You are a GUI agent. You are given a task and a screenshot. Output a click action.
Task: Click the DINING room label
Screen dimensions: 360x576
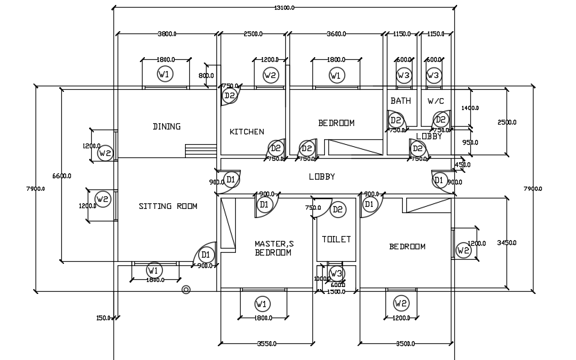point(166,127)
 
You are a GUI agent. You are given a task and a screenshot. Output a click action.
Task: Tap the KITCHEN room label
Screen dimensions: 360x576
point(247,132)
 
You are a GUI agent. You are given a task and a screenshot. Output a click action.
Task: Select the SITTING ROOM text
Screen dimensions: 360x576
point(168,206)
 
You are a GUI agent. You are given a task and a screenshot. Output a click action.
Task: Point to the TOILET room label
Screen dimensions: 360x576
point(336,240)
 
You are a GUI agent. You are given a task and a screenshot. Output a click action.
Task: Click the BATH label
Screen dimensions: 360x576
point(401,101)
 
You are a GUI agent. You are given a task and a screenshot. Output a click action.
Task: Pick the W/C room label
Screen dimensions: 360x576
point(435,101)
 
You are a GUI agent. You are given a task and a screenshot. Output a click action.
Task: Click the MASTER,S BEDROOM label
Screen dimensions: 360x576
point(273,249)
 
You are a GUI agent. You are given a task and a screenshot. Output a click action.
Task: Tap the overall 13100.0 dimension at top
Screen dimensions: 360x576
point(285,8)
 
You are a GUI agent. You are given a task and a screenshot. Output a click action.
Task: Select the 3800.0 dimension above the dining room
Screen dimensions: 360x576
point(168,33)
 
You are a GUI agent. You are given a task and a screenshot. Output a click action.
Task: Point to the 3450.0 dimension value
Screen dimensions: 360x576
point(506,244)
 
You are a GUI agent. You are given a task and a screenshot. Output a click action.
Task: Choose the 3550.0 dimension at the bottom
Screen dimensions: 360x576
point(267,343)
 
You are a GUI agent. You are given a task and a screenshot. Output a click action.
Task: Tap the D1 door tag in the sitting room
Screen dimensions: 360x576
point(206,256)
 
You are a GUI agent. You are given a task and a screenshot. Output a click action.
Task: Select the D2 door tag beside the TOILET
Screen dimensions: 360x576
point(338,209)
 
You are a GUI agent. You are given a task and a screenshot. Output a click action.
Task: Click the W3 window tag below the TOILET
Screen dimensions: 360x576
point(336,273)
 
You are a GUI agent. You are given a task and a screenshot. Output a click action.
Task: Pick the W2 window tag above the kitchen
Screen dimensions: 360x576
point(270,75)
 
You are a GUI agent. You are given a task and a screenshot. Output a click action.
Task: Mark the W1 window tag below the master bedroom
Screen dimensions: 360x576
point(262,304)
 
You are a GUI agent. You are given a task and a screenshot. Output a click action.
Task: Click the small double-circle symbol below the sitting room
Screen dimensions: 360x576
point(186,290)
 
